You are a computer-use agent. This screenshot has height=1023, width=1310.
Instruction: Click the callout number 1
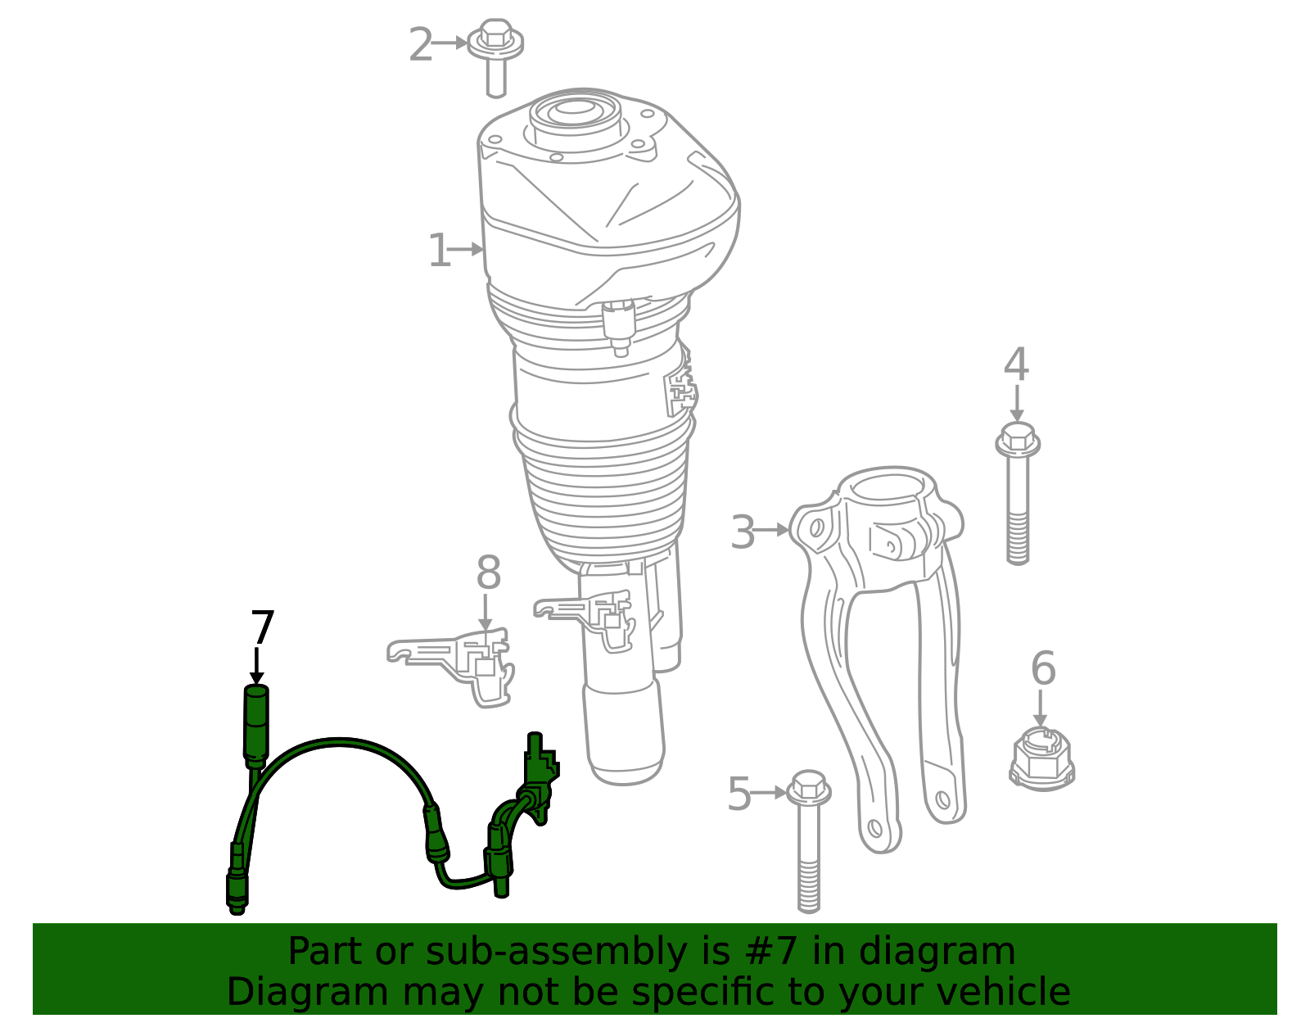point(439,250)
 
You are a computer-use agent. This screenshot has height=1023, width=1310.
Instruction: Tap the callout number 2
point(421,44)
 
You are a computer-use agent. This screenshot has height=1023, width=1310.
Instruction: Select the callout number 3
point(742,532)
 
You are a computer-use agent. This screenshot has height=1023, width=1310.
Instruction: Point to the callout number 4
point(1016,364)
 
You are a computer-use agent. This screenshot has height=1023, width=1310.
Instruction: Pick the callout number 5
point(739,794)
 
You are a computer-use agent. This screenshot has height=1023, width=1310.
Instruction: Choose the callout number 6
point(1044,668)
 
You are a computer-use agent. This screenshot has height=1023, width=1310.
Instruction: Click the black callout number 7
point(262,627)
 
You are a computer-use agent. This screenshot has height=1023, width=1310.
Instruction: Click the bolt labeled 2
point(495,57)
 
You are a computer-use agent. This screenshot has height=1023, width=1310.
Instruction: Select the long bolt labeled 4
point(1018,493)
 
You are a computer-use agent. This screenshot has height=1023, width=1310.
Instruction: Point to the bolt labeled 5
point(809,841)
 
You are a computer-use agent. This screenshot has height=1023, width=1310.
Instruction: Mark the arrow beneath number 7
point(257,667)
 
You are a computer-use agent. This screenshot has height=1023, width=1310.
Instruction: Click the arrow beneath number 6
point(1040,708)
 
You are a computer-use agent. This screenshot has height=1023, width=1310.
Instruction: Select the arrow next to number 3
point(771,530)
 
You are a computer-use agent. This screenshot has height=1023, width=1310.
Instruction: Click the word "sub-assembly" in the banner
point(556,951)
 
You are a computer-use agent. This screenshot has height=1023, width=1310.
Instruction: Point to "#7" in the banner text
point(768,951)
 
